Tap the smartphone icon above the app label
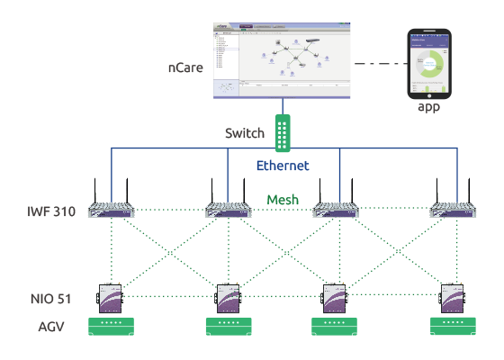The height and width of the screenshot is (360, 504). coord(427,64)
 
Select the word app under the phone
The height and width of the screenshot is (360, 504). coord(427,107)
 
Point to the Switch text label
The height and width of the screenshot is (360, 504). coord(244,134)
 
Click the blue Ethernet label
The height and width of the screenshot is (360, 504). coord(283,166)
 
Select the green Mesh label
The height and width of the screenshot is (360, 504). coord(284,200)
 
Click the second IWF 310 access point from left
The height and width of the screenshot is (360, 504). coord(229,210)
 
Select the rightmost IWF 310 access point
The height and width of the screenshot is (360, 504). coord(454,210)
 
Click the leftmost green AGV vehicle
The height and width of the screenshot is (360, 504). coord(111,325)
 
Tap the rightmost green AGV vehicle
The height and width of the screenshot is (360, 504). coord(454,325)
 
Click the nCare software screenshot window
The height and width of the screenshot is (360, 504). coord(283,59)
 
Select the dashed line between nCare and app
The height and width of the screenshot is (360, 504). coord(377,64)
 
